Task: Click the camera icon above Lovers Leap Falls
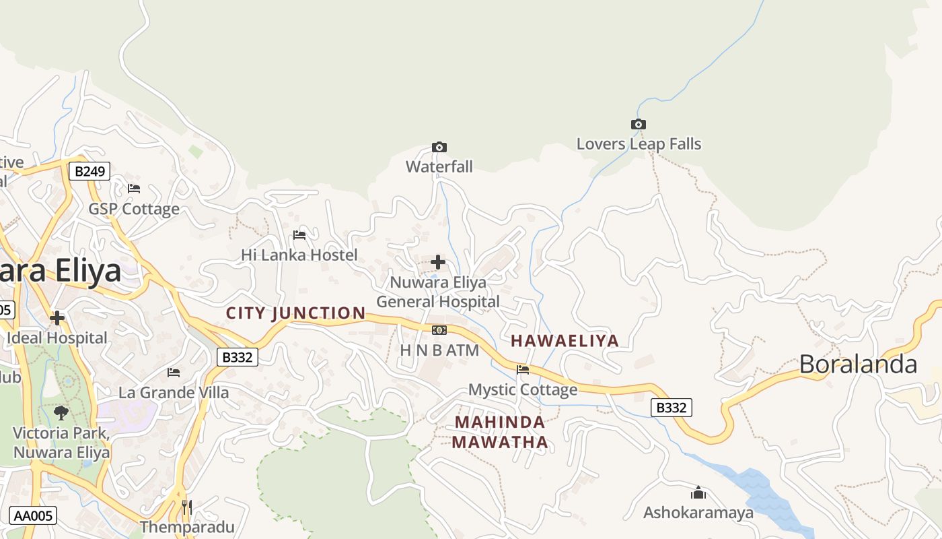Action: tap(638, 124)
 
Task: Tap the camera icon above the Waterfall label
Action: tap(439, 147)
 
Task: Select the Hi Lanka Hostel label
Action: tap(299, 255)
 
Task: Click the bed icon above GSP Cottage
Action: tap(134, 188)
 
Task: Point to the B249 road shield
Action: tap(89, 171)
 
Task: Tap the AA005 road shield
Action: tap(33, 516)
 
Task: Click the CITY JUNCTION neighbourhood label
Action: tap(295, 313)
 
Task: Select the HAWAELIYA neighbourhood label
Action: tap(565, 340)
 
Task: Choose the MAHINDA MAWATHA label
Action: tap(499, 432)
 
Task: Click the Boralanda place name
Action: tap(858, 364)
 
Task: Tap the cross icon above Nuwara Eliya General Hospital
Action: tap(438, 261)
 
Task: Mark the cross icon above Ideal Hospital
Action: tap(57, 317)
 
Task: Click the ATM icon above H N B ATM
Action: tap(439, 329)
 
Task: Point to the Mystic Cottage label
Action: tap(523, 389)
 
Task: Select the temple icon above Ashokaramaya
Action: tap(698, 493)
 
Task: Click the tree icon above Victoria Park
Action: tap(61, 412)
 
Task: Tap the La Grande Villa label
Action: tap(174, 392)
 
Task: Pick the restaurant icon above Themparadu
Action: tap(187, 506)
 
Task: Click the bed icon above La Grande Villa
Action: tap(174, 372)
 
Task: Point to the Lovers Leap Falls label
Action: tap(639, 144)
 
